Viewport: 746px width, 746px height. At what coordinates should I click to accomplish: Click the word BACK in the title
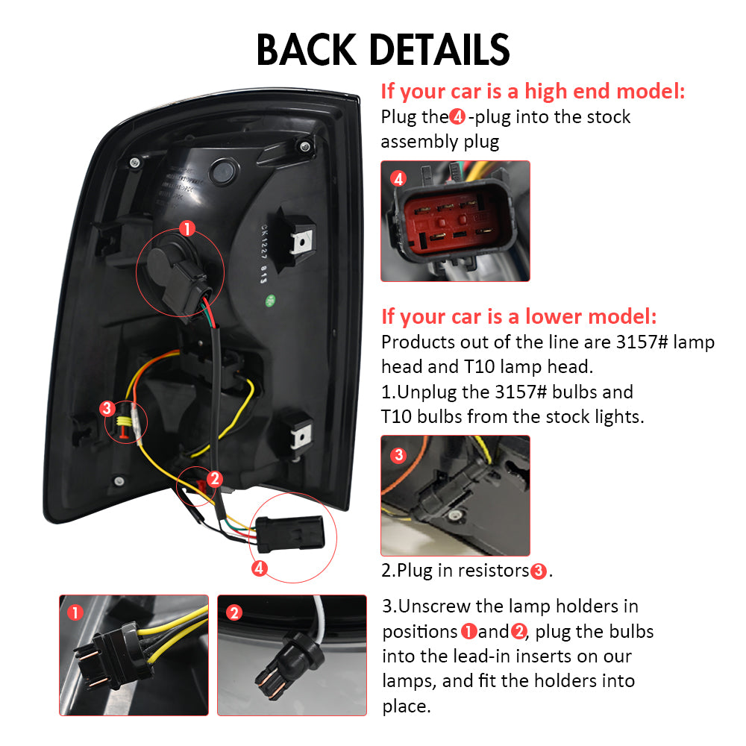(x=307, y=49)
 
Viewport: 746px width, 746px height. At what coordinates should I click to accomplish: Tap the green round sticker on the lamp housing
(x=270, y=300)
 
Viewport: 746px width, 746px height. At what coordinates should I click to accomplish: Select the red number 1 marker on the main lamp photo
(x=187, y=228)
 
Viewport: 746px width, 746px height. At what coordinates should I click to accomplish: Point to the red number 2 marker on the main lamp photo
(x=215, y=479)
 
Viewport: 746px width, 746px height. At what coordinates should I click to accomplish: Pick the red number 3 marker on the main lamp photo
(x=107, y=408)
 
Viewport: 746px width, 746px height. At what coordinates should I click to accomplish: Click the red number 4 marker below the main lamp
(x=260, y=568)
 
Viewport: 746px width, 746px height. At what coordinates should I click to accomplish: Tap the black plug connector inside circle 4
(x=291, y=534)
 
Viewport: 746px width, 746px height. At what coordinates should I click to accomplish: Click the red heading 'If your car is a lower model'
(x=518, y=316)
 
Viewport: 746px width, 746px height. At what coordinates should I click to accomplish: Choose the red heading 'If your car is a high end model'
(x=533, y=91)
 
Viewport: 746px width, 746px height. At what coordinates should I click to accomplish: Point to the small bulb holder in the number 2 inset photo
(x=288, y=664)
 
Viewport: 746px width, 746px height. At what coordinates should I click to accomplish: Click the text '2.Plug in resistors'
(x=455, y=570)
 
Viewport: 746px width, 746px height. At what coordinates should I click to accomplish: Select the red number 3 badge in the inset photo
(x=398, y=455)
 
